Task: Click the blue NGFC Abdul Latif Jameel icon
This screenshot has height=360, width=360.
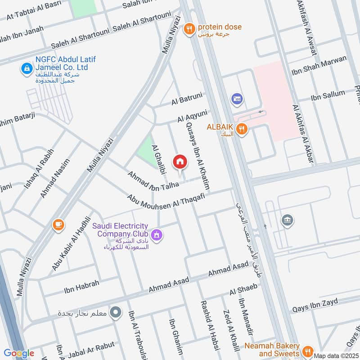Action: click(x=26, y=68)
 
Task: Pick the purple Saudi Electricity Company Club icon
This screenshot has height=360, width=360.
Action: click(x=157, y=234)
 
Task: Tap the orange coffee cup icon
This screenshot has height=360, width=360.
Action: click(x=58, y=224)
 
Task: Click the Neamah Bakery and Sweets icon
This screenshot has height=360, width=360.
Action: click(x=308, y=351)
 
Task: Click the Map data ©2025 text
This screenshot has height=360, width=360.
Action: click(x=336, y=355)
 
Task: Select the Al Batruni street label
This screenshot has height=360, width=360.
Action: click(x=187, y=99)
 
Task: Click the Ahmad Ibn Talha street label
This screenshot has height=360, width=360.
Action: click(x=153, y=180)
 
